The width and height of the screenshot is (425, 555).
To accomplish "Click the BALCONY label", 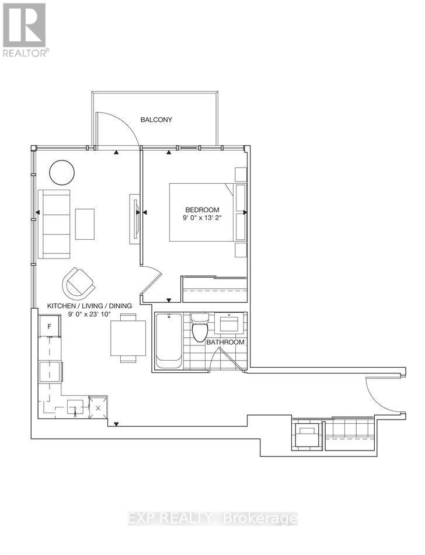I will pos(156,120).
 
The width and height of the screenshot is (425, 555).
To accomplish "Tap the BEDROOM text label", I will pos(202,210).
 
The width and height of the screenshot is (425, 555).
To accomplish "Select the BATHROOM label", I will pos(225,342).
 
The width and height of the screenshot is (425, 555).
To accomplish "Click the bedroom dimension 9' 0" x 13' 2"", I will pos(202,219).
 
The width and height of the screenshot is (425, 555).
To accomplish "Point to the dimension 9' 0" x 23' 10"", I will pos(89,314).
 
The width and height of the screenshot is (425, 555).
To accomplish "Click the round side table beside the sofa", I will pos(62,172).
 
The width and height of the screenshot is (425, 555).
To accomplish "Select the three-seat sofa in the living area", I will pos(54,224).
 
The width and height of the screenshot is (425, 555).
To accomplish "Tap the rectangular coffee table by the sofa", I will pos(85,224).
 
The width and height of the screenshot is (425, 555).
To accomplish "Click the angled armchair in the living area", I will pos(79,282).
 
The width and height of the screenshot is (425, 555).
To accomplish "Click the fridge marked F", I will pos(50,326).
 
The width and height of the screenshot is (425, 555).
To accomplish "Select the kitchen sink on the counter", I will pos(75,406).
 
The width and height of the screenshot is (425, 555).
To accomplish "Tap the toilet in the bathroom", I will pos(200,327).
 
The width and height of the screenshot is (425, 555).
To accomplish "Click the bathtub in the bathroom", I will pos(169,341).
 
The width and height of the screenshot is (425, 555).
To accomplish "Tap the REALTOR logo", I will pos(25,29).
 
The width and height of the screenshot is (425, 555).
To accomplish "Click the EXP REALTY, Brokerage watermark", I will pos(212,518).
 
